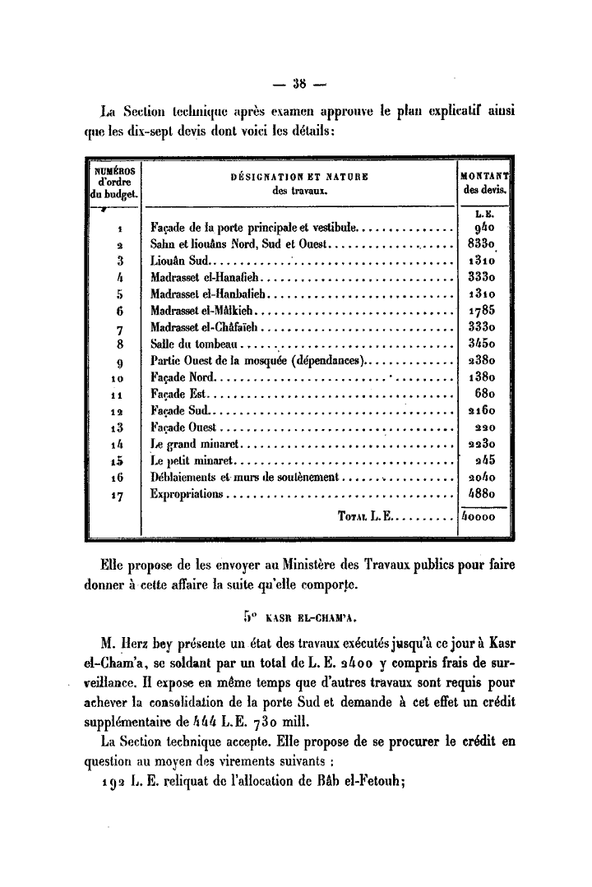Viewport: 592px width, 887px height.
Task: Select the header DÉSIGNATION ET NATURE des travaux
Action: click(299, 183)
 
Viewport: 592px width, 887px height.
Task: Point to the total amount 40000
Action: click(480, 519)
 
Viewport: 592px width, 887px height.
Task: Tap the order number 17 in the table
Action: click(120, 495)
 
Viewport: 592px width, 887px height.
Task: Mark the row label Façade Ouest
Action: click(183, 427)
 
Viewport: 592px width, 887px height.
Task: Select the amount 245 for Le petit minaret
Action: click(482, 461)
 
